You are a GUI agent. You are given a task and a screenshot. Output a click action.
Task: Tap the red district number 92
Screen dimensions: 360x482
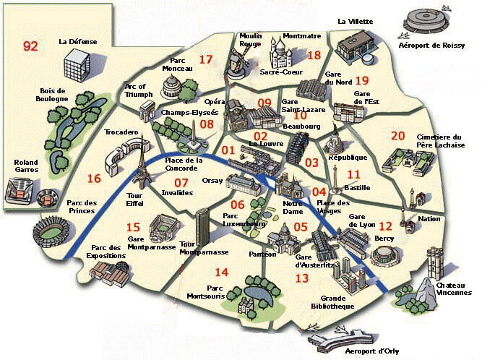pyautogui.click(x=30, y=46)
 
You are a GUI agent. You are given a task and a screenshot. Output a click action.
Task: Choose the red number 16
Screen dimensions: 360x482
pyautogui.click(x=93, y=179)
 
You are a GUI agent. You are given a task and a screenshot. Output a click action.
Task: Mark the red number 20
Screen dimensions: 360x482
pyautogui.click(x=397, y=135)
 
